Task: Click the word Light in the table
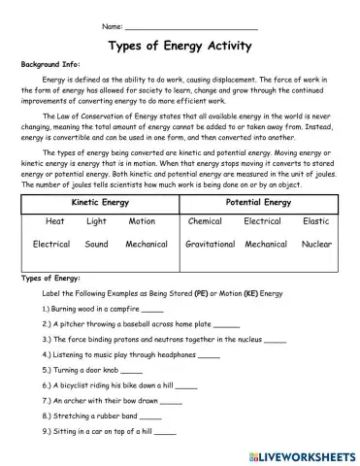tap(96, 221)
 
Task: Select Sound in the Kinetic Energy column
tap(96, 245)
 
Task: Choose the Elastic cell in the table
tap(315, 221)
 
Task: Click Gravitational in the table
tap(211, 245)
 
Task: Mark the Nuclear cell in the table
tap(316, 245)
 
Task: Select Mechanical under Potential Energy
tap(266, 245)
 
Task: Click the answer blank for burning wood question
tap(152, 308)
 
